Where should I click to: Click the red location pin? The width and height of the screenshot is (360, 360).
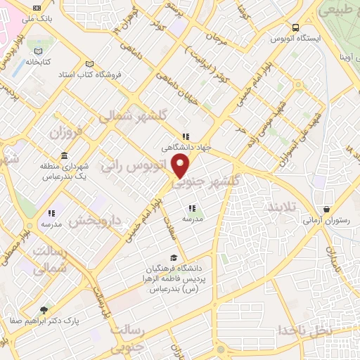181,166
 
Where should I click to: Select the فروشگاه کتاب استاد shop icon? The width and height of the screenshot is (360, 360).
89,63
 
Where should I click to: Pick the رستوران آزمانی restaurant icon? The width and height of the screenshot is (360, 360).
327,210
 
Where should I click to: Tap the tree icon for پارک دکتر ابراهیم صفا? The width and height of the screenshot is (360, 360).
45,309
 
